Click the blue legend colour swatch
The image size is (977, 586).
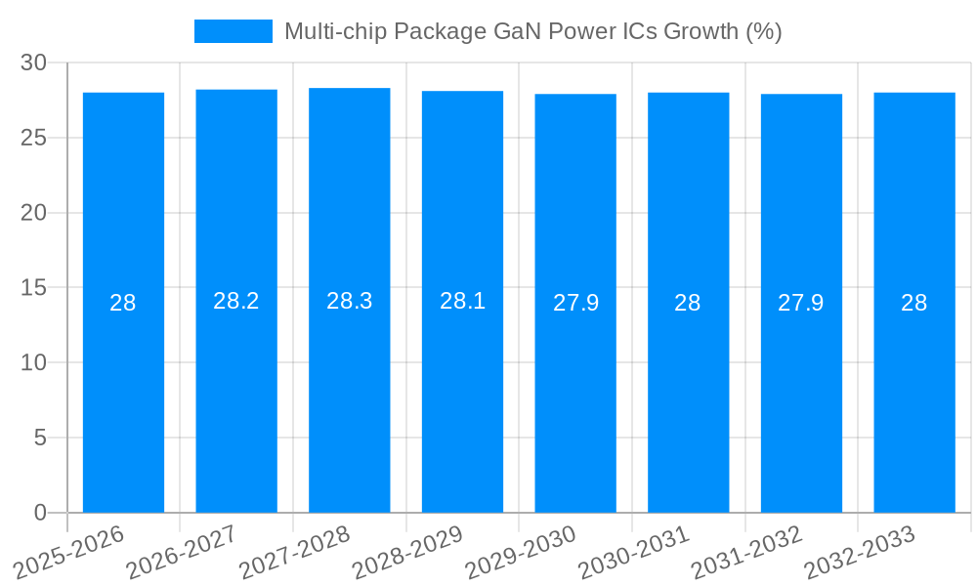(x=234, y=31)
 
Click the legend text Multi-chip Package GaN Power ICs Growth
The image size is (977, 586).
(x=532, y=31)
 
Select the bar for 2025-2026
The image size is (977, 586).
(x=123, y=391)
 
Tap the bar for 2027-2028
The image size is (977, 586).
(x=350, y=391)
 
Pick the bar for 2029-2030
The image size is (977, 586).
(x=575, y=391)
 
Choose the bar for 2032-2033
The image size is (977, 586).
(x=914, y=391)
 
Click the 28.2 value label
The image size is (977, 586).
(x=236, y=301)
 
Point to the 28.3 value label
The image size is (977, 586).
(x=350, y=301)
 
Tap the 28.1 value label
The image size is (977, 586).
(x=462, y=301)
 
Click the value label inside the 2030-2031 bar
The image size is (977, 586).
(x=688, y=303)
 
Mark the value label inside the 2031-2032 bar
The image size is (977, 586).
(x=801, y=303)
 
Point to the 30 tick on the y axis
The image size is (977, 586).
(x=34, y=63)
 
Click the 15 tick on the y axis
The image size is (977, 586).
(x=34, y=288)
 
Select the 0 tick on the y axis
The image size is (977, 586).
(x=40, y=513)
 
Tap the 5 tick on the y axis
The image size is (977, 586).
(x=40, y=438)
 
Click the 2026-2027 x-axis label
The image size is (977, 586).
(x=182, y=553)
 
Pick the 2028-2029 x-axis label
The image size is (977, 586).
(x=408, y=553)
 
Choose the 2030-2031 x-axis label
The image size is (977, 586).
(x=634, y=553)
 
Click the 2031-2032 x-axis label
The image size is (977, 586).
(x=747, y=553)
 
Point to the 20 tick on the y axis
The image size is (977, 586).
(x=34, y=213)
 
